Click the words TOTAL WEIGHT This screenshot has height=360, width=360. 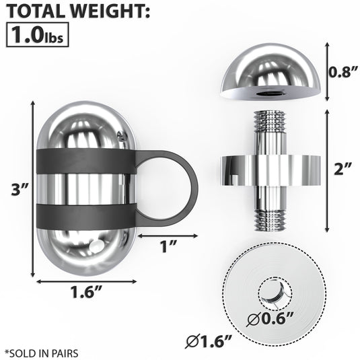[78, 11]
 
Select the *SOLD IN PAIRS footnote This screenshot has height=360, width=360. [42, 352]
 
